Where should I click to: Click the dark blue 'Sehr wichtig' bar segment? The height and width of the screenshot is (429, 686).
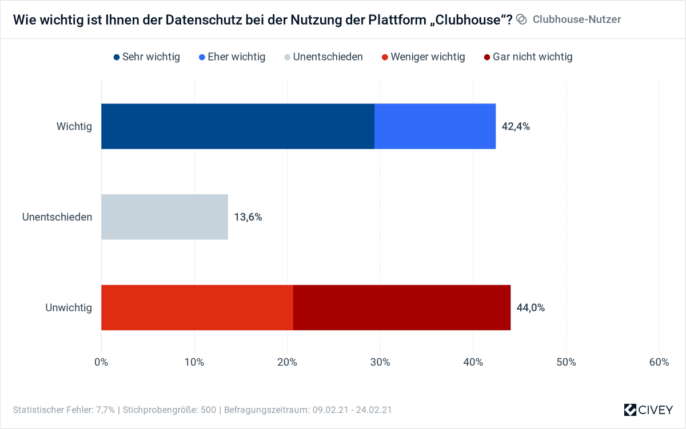[x=237, y=126]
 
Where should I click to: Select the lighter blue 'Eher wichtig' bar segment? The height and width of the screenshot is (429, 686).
[x=434, y=126]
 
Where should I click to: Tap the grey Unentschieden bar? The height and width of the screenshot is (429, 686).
[x=165, y=217]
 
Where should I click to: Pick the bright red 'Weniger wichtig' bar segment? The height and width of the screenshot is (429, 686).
[x=197, y=307]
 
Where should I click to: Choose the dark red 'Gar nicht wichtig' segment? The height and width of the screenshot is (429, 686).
[x=401, y=307]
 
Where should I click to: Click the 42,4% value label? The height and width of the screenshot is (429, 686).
[x=516, y=127]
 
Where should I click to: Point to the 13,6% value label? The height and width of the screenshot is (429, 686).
[x=248, y=217]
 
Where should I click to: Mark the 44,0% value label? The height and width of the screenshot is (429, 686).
[x=531, y=308]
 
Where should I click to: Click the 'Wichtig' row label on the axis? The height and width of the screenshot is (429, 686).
[x=74, y=127]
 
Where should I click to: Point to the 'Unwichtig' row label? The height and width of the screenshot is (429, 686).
[x=69, y=308]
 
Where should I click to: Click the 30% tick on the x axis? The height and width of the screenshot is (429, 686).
[x=380, y=362]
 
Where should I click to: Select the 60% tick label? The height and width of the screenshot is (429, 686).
[x=659, y=362]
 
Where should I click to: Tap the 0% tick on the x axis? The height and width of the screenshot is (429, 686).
[x=101, y=362]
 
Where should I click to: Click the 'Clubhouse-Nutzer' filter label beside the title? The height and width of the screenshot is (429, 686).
[x=576, y=19]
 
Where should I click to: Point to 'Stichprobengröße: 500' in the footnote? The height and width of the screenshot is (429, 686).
[x=170, y=410]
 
